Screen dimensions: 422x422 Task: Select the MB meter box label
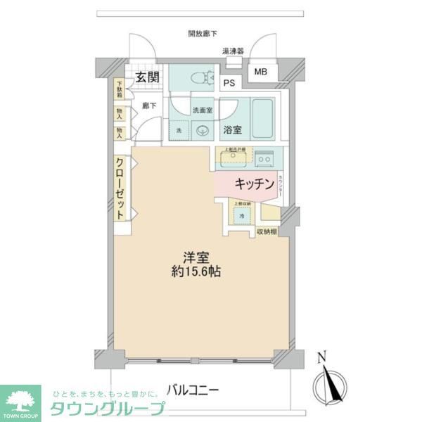[x=261, y=72]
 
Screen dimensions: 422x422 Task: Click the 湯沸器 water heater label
[x=233, y=51]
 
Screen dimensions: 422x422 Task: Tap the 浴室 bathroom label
[x=233, y=129]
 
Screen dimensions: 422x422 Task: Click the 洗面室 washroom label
[x=203, y=110]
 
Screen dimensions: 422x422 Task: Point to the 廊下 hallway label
[x=148, y=105]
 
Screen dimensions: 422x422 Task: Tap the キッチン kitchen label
[x=253, y=184]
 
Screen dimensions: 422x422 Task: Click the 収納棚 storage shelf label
[x=266, y=231]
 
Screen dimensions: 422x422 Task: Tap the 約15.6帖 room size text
[x=198, y=271]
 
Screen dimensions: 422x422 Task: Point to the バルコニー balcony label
[x=194, y=389]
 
